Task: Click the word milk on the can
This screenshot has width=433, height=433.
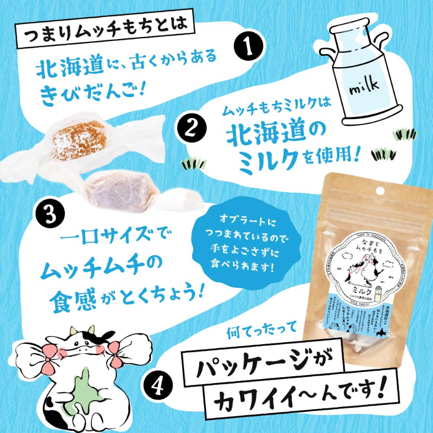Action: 363,86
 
